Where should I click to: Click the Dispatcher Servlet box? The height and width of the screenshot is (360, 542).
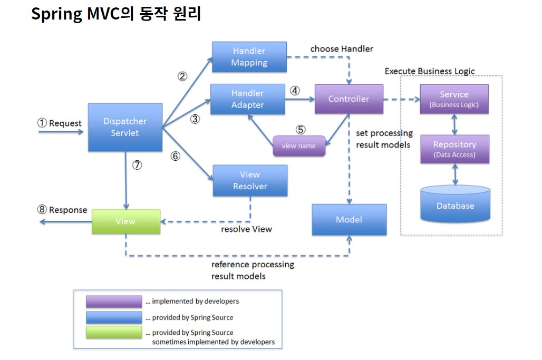click(124, 127)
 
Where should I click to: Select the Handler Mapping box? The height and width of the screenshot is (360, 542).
click(249, 57)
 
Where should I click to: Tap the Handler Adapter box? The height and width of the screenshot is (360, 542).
click(247, 99)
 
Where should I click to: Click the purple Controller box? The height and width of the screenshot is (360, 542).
click(349, 99)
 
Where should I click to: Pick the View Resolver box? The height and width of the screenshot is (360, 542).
click(250, 180)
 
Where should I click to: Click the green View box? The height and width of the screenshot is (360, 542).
click(125, 221)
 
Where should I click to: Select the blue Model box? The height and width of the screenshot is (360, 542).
click(349, 219)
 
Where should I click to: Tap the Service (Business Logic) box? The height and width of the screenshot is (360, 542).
click(454, 99)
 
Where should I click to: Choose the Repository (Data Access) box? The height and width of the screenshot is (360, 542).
click(454, 149)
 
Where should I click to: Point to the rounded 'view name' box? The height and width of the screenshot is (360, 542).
click(299, 146)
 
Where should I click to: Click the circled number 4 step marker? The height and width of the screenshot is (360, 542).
click(295, 90)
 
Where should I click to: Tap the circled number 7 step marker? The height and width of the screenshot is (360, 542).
click(137, 165)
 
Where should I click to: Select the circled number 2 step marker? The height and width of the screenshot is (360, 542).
click(182, 76)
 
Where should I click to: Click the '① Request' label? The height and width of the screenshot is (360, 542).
click(60, 123)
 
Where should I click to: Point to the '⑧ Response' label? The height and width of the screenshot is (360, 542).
click(62, 210)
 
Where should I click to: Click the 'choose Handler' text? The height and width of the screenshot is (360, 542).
click(341, 48)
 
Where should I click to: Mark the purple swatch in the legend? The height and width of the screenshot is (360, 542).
click(114, 301)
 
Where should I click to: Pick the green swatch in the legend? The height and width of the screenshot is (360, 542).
click(114, 333)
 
